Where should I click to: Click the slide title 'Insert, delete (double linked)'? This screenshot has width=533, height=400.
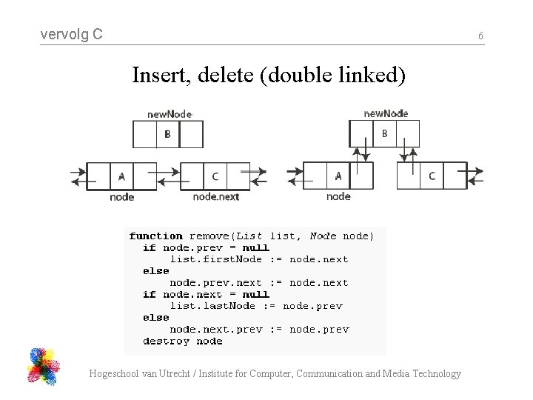click(x=269, y=75)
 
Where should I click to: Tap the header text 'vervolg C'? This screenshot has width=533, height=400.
click(x=72, y=34)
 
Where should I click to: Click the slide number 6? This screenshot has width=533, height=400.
click(x=480, y=36)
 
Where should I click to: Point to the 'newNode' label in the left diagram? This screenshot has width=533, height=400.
click(x=170, y=114)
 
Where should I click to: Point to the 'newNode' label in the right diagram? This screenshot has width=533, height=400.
click(x=386, y=113)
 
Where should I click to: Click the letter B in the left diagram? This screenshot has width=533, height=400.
click(x=167, y=134)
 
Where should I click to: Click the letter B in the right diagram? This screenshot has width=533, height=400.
click(x=384, y=133)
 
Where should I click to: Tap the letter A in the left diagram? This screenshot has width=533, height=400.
click(x=121, y=176)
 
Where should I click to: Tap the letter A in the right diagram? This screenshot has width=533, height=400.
click(x=338, y=176)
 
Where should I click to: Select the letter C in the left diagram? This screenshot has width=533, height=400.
click(x=215, y=176)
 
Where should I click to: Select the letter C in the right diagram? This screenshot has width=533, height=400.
click(x=432, y=176)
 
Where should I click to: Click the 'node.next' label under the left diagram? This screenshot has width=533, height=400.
click(x=215, y=196)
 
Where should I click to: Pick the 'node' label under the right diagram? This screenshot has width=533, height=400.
click(x=338, y=196)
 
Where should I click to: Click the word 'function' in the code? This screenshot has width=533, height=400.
click(x=155, y=236)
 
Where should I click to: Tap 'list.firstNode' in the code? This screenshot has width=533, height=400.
click(x=216, y=259)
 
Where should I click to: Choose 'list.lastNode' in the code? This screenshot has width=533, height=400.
click(x=212, y=306)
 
